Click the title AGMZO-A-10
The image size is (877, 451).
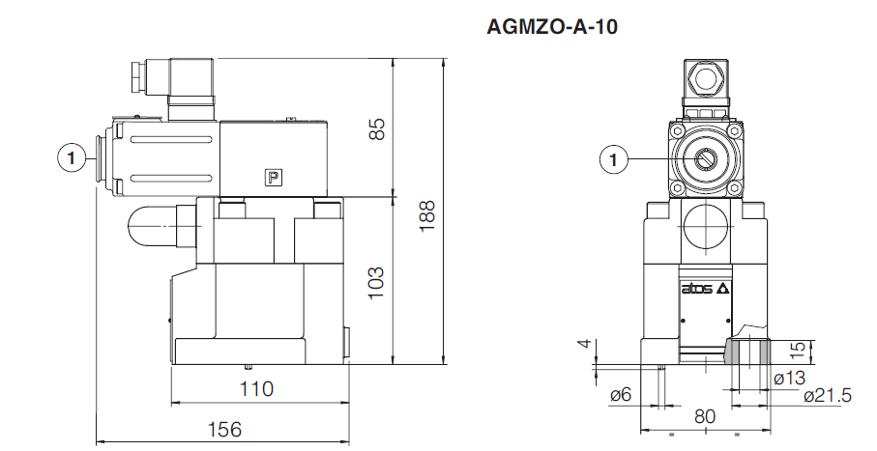click(551, 26)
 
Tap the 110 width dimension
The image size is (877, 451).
click(256, 389)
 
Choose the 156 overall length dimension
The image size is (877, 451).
click(223, 429)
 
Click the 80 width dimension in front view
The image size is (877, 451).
click(704, 417)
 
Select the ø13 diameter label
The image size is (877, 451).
click(789, 378)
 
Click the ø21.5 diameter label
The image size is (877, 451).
click(826, 396)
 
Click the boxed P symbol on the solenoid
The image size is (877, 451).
click(274, 177)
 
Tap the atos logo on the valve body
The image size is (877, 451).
click(703, 289)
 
